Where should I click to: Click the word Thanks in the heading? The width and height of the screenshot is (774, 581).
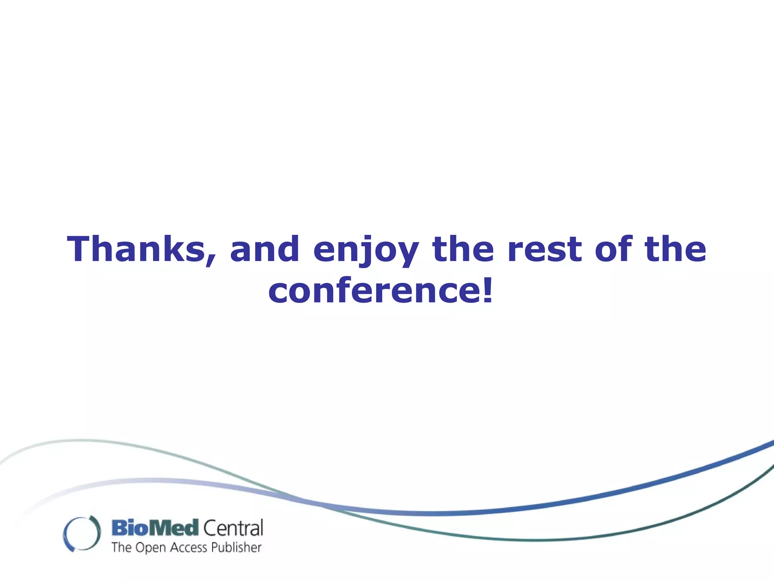[136, 249]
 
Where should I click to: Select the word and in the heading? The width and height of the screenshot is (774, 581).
[265, 249]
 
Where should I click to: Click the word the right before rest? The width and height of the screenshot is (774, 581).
[463, 249]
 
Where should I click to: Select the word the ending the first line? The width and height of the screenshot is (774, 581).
[675, 249]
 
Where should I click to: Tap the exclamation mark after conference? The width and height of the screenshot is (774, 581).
[488, 290]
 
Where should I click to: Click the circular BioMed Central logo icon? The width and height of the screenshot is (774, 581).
[82, 533]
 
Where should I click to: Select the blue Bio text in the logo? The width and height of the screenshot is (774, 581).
[129, 528]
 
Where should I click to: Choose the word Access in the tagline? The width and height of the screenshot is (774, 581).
[189, 547]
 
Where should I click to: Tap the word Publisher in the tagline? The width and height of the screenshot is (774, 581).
[236, 547]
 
